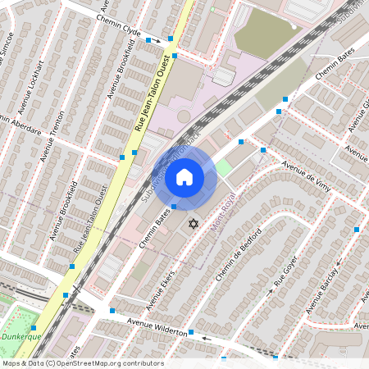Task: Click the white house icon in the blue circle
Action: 184,177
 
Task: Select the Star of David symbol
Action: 194,224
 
